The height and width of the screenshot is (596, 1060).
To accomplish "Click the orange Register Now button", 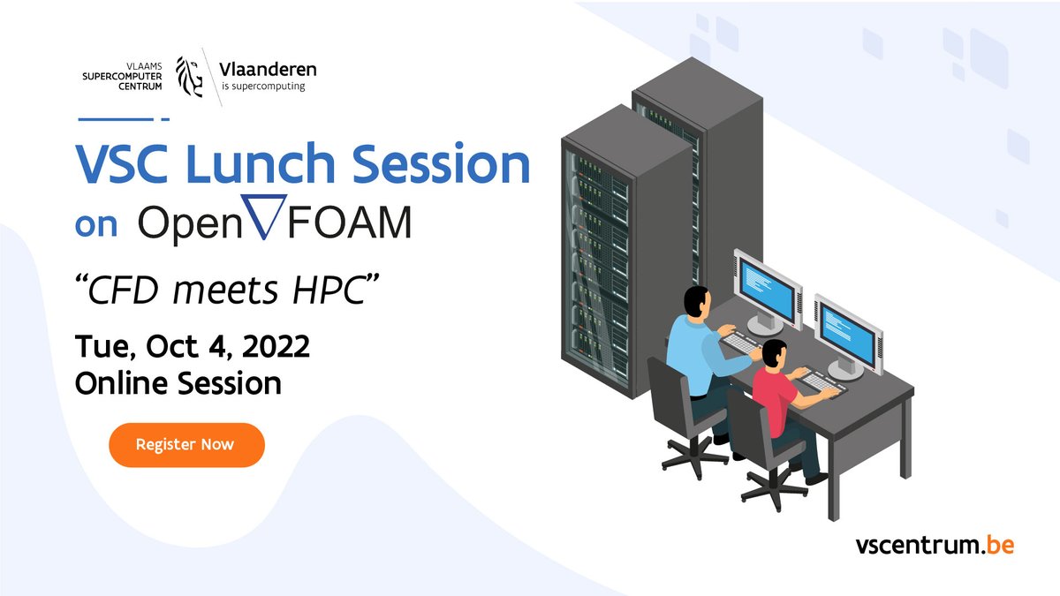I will (x=186, y=444).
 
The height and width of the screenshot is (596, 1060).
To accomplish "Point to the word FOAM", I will (x=348, y=224).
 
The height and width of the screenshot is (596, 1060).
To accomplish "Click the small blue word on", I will (x=95, y=225).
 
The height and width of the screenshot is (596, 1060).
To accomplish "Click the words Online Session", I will (x=178, y=383).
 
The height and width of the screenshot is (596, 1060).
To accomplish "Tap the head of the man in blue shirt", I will (x=696, y=302).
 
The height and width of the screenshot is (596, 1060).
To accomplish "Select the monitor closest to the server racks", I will (x=767, y=287).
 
